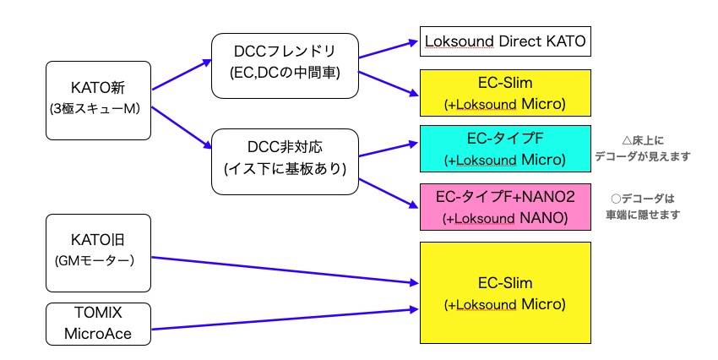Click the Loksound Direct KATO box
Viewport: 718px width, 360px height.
pos(505,41)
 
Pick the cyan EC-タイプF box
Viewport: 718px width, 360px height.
pos(505,148)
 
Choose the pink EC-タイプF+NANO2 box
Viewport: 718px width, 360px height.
pos(505,207)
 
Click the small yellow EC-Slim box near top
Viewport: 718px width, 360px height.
pos(505,93)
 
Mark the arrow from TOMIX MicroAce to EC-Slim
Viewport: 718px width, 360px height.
pos(287,317)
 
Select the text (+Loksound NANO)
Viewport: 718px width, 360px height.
pos(505,217)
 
